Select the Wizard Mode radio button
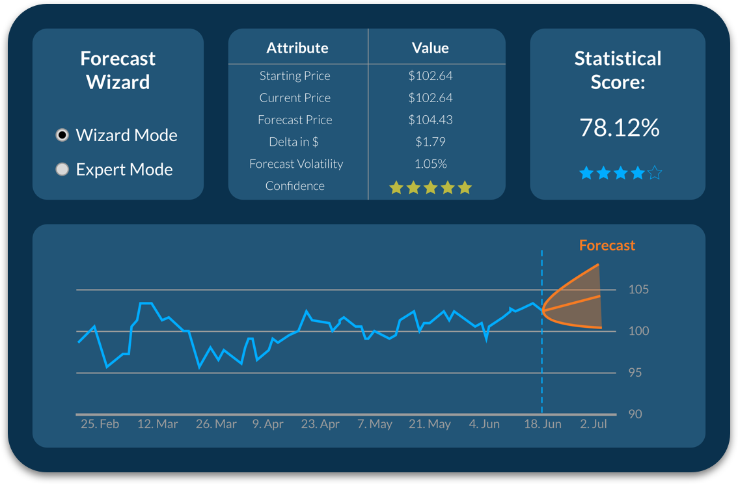[62, 135]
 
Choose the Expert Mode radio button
[62, 170]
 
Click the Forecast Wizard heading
[118, 70]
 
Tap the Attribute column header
[297, 48]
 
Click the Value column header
[430, 48]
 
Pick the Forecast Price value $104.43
[430, 120]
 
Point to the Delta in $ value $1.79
[430, 142]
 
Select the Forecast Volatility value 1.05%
[430, 164]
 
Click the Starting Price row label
[295, 76]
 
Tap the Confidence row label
[295, 186]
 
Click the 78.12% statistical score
[619, 128]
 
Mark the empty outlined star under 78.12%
[655, 173]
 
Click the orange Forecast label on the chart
[607, 245]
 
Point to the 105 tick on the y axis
[638, 289]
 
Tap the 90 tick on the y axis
[635, 414]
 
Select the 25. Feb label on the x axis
[100, 424]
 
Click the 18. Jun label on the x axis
[543, 424]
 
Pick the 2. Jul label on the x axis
[594, 424]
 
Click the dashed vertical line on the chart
[542, 364]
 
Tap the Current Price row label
[295, 98]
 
